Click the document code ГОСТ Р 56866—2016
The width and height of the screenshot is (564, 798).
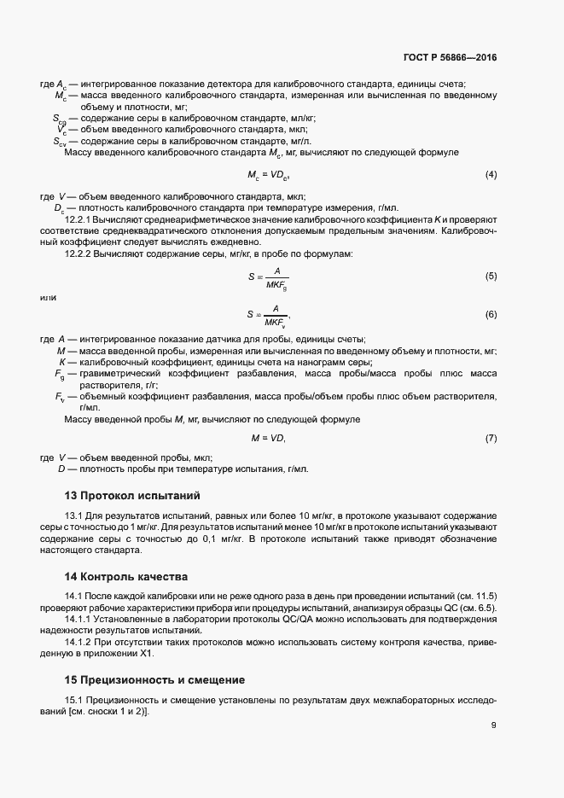pyautogui.click(x=450, y=59)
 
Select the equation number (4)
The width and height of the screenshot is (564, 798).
pyautogui.click(x=491, y=175)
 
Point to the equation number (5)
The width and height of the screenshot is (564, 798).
pyautogui.click(x=491, y=277)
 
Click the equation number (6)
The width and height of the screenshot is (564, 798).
pyautogui.click(x=491, y=315)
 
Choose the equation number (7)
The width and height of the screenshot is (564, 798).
pyautogui.click(x=491, y=438)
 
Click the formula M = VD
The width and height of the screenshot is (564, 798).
pyautogui.click(x=268, y=438)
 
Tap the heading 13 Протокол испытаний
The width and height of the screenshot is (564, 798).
pyautogui.click(x=131, y=496)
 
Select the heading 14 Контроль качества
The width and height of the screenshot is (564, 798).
pyautogui.click(x=126, y=577)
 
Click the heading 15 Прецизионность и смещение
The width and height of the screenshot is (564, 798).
pyautogui.click(x=155, y=680)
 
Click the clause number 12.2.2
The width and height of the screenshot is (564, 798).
pyautogui.click(x=79, y=253)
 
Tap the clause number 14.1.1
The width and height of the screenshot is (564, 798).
pyautogui.click(x=79, y=618)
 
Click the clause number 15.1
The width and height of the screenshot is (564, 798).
pyautogui.click(x=75, y=699)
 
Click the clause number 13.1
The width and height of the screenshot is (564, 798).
pyautogui.click(x=75, y=516)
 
